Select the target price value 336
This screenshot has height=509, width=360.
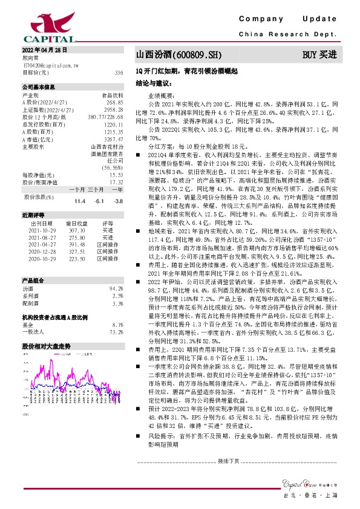pyautogui.click(x=119, y=72)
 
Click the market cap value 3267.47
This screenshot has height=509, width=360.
pyautogui.click(x=114, y=138)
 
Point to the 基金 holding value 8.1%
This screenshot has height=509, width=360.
pyautogui.click(x=118, y=325)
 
